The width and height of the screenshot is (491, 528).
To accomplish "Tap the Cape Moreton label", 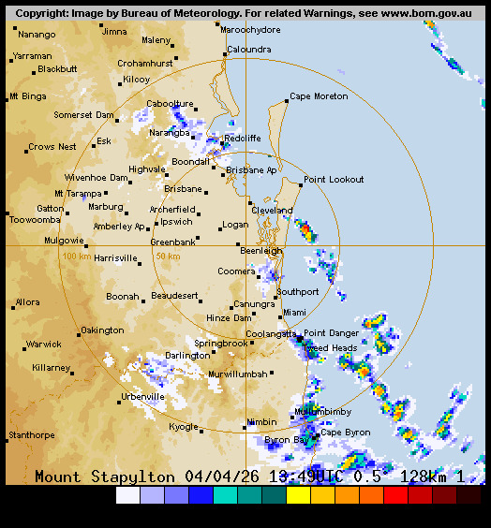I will (x=318, y=96).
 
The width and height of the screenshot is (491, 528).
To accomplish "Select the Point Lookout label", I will (x=333, y=180).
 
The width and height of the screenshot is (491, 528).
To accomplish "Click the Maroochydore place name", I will (x=250, y=30).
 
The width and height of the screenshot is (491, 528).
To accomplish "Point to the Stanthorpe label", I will (x=31, y=435).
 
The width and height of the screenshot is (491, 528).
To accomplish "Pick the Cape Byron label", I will (x=345, y=433).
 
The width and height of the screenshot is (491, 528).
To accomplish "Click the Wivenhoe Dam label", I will (x=96, y=177).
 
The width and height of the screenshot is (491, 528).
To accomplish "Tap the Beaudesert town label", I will (x=175, y=296).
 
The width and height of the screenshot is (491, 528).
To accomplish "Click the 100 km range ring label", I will (x=76, y=257).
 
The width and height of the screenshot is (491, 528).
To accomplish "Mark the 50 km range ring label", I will (x=168, y=257).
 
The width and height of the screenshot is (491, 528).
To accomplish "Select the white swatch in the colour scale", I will (x=127, y=495).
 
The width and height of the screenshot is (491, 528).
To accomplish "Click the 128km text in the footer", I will (x=425, y=477).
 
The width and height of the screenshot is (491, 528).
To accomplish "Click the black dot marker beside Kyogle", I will (x=201, y=431).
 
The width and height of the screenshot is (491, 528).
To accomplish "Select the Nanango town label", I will (x=37, y=34).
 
